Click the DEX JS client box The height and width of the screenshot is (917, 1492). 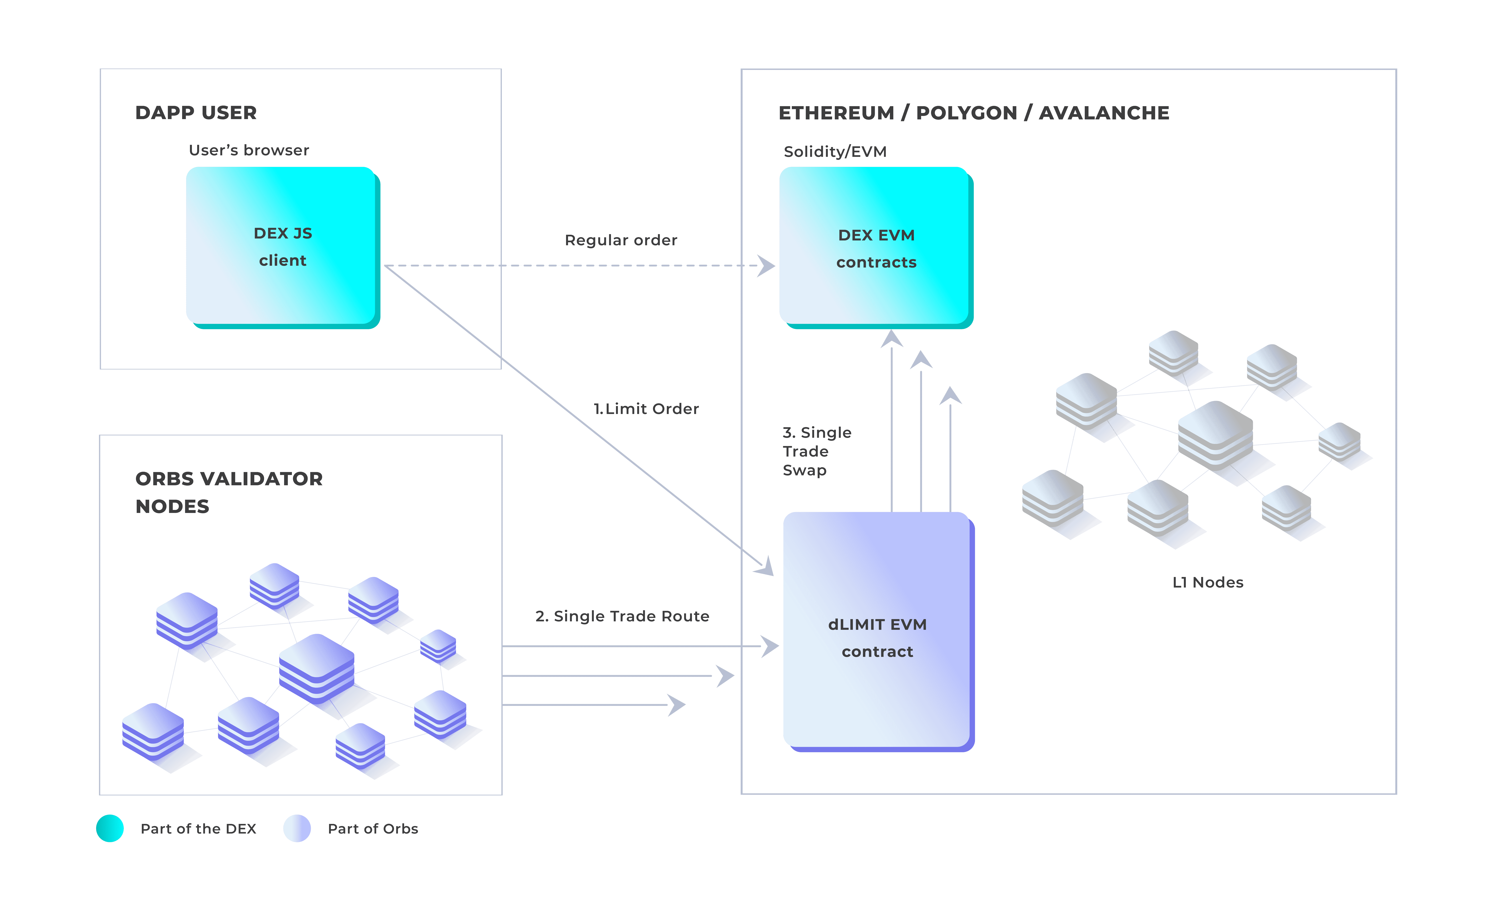[283, 247]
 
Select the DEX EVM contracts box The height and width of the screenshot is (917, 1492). [876, 247]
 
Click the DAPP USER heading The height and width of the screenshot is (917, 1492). [196, 113]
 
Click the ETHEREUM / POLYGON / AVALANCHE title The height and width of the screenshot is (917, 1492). [973, 113]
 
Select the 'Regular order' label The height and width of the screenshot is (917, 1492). [621, 240]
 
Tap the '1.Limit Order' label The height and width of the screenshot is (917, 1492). [646, 409]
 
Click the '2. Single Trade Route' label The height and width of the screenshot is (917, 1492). [622, 616]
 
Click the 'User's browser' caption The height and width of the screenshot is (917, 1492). [249, 150]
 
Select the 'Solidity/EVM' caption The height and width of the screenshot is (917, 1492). [835, 152]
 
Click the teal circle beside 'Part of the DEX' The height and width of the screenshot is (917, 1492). [110, 828]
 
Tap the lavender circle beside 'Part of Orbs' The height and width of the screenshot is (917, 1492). [297, 828]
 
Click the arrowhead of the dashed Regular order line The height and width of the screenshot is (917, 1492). [767, 266]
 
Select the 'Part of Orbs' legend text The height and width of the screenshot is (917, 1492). [373, 829]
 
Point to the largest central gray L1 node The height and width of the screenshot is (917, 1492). [1215, 435]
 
